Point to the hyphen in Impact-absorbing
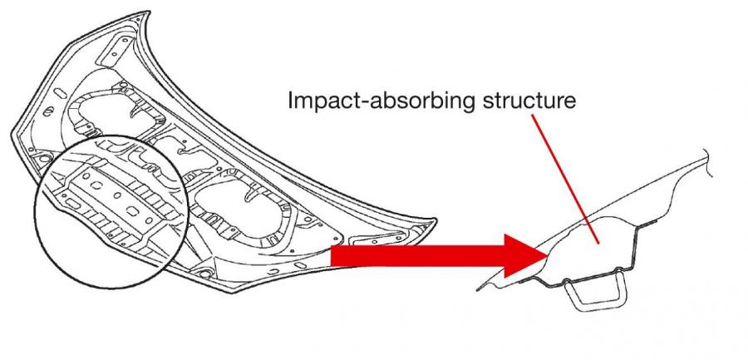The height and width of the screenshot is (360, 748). point(357,102)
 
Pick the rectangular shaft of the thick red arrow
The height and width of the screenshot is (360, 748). point(418,255)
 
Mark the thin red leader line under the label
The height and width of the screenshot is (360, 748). point(564,179)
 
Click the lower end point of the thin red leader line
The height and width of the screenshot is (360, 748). point(598,244)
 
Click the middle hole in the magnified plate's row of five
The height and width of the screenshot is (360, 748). point(116,195)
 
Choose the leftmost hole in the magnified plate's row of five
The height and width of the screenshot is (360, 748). point(86,175)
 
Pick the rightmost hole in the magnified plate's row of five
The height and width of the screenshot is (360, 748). point(150,220)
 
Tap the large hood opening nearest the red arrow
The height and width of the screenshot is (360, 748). point(239,206)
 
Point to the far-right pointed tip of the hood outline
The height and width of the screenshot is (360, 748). point(436,220)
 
